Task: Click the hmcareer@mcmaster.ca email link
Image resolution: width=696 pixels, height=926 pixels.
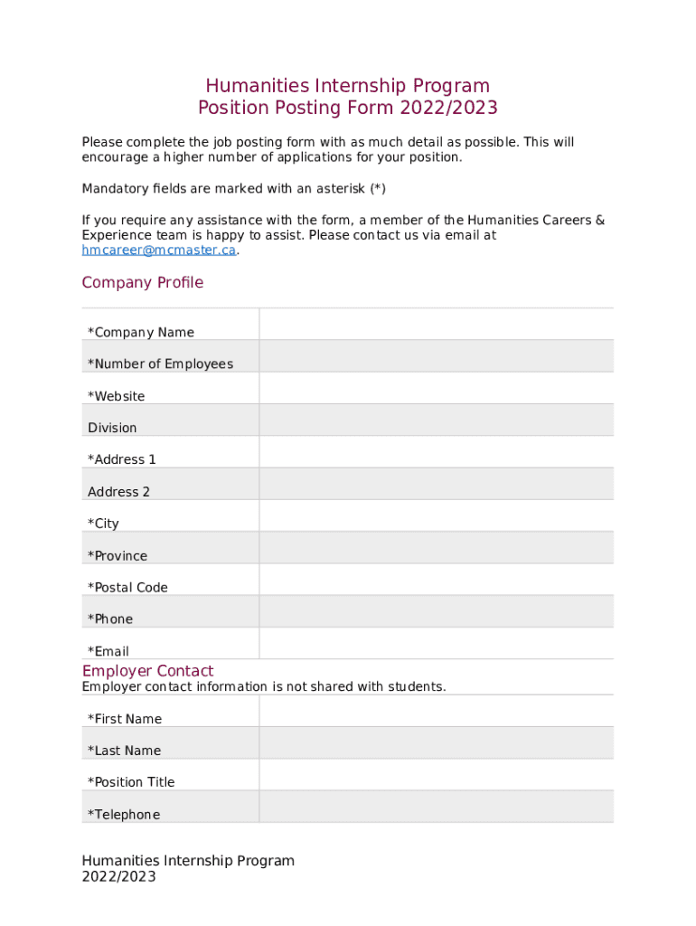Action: pos(158,250)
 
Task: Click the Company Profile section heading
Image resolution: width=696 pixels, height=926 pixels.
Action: pos(143,283)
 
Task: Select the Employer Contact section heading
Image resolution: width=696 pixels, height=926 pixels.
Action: pos(147,671)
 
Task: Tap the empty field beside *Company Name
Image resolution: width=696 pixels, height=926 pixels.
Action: pos(436,325)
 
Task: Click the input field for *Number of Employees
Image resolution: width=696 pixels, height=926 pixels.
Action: pos(436,356)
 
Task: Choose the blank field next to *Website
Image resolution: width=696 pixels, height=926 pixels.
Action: pos(436,388)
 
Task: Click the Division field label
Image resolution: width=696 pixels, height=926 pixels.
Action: pos(112,428)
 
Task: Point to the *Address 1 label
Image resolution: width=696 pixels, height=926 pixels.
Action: pos(122,459)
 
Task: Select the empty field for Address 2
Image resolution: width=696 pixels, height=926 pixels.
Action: pos(436,484)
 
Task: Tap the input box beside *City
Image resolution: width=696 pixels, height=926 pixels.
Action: pos(436,515)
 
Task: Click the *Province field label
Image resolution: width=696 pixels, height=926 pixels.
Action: pos(118,556)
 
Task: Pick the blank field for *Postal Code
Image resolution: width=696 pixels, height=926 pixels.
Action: pos(436,580)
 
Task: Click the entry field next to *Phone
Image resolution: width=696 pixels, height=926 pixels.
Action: pos(436,611)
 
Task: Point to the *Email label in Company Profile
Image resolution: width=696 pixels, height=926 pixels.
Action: pos(108,651)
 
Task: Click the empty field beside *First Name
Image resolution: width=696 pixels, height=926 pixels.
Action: pos(436,711)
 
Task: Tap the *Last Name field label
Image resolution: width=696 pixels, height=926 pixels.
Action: pos(124,751)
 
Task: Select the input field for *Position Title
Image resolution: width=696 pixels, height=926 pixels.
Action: pos(436,774)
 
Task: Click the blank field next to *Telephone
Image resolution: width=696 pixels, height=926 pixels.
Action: pos(436,807)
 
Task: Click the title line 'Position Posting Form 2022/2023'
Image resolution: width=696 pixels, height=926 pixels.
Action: pos(348,109)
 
